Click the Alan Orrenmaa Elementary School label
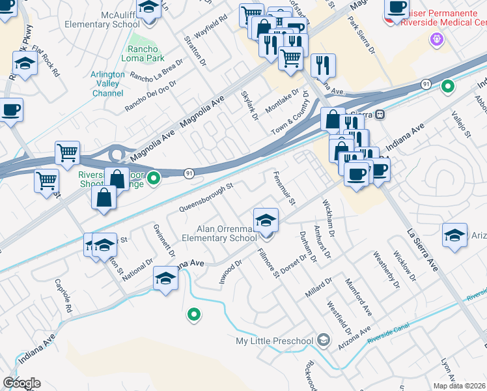tap(227, 233)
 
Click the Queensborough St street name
tap(206, 198)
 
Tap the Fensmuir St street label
tap(285, 187)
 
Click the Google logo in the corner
tap(21, 383)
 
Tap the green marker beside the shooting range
tap(154, 177)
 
